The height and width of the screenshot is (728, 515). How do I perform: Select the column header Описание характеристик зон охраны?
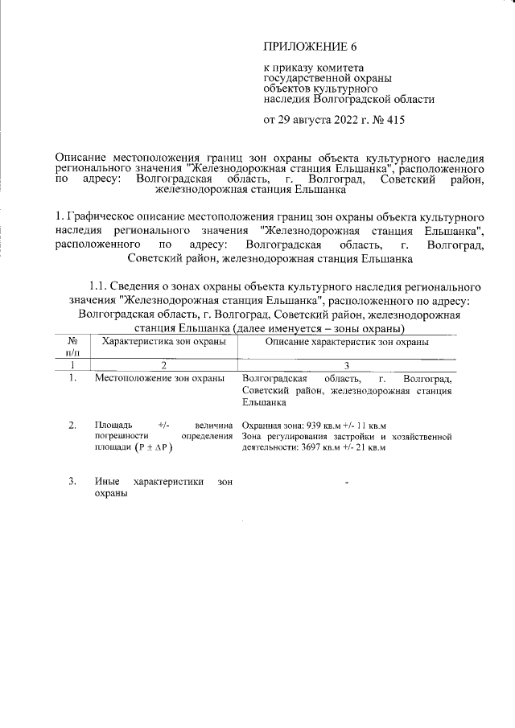(x=346, y=342)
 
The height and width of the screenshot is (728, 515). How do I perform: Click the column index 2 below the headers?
(x=164, y=364)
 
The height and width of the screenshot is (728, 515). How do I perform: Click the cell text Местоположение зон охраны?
(x=159, y=377)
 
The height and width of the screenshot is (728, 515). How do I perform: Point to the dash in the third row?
(x=346, y=483)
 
